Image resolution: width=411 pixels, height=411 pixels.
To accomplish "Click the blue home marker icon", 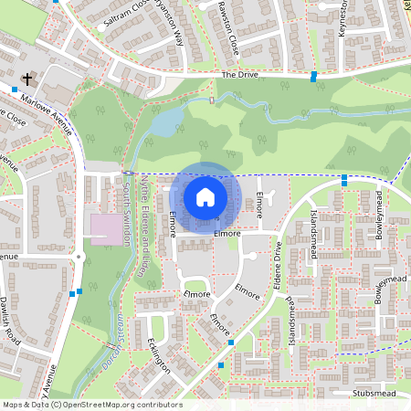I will click(x=205, y=196).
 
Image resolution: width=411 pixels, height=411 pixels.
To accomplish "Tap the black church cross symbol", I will click(x=28, y=80).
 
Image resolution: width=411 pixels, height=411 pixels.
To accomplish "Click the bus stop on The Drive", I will click(x=314, y=76).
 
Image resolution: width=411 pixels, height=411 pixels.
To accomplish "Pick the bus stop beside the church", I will click(x=16, y=90).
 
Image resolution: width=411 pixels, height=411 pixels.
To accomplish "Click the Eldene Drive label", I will click(x=277, y=266).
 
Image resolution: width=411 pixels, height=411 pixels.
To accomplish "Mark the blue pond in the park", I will click(x=164, y=121).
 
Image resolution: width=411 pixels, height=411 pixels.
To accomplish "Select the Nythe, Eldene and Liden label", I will click(x=142, y=228).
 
